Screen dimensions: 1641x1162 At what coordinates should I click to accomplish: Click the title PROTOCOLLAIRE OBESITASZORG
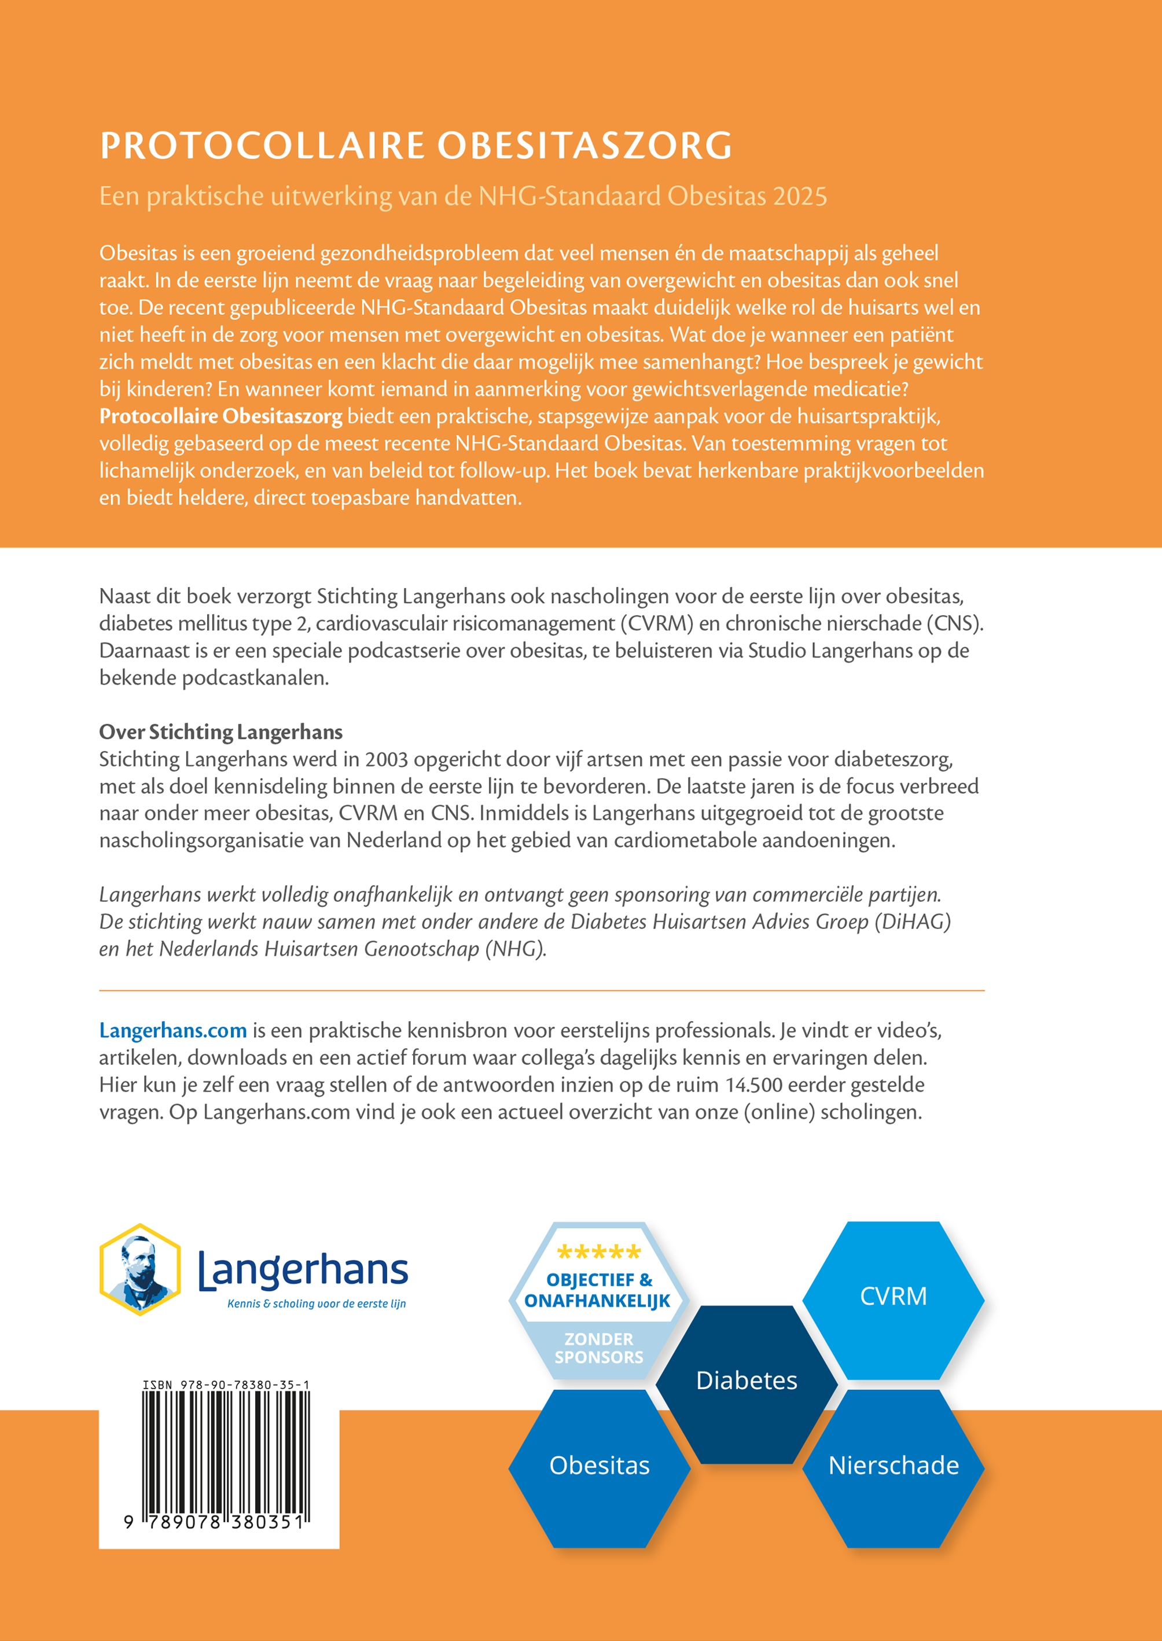415,145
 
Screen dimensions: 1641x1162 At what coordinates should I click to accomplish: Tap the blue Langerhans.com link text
172,1030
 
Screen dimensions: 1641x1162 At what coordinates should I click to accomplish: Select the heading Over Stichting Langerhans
220,732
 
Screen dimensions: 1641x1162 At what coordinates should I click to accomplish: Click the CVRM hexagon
892,1296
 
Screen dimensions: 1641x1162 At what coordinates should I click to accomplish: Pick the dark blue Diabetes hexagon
747,1381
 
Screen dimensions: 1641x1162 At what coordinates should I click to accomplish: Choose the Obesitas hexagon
599,1465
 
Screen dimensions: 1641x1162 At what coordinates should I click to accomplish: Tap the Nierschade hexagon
893,1465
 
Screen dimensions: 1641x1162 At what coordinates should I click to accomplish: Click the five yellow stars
599,1253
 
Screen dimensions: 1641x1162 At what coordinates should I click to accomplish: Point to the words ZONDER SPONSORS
599,1348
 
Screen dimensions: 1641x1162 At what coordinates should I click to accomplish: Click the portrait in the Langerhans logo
140,1269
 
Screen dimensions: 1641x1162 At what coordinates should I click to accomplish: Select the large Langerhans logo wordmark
303,1269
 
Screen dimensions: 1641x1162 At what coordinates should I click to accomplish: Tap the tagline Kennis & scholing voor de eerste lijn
317,1304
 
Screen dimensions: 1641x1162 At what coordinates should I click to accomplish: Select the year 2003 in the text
387,759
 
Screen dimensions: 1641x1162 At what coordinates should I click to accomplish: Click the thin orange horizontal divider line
542,990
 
